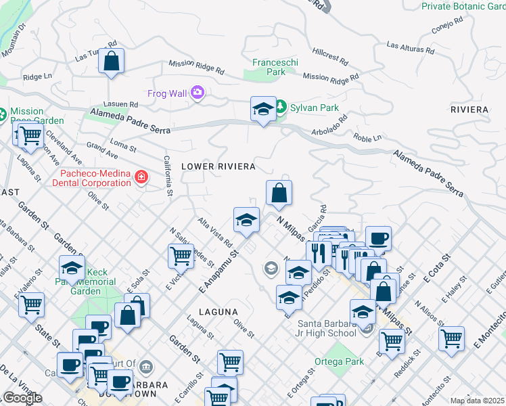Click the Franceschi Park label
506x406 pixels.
point(275,67)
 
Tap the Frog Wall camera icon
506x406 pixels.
point(198,93)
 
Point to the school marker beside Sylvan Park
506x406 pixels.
point(263,108)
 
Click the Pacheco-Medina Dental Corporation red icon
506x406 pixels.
point(141,178)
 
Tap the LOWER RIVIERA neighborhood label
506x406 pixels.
point(218,166)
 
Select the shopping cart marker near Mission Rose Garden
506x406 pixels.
point(30,135)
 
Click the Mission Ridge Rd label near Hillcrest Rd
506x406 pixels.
point(331,78)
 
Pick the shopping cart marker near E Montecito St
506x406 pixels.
point(451,338)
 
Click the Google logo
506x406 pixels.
point(22,397)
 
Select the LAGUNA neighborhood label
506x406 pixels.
point(218,312)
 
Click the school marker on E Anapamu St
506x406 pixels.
point(247,219)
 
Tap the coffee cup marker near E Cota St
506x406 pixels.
point(378,238)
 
